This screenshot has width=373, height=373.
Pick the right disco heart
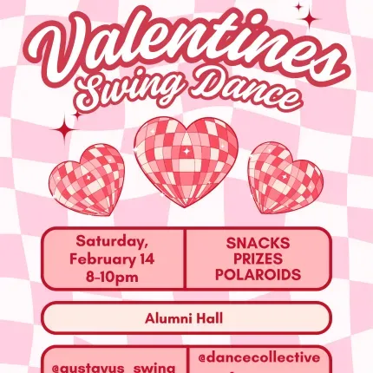point(285,178)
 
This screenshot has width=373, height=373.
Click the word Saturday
point(112,240)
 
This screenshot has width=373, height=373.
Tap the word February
point(103,258)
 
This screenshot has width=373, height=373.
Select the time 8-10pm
point(112,275)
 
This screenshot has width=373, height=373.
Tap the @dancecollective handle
point(259,357)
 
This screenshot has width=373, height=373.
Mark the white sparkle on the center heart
point(184,150)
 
